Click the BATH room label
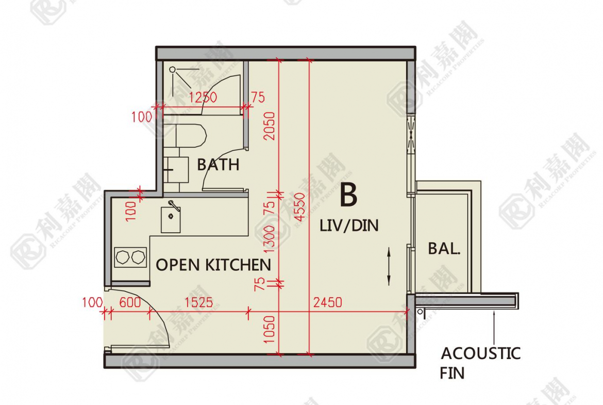(218, 165)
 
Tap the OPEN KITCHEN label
(213, 265)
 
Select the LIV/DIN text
(349, 225)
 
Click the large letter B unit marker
(348, 195)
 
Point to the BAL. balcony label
(444, 249)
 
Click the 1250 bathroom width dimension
(203, 97)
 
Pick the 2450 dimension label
(328, 302)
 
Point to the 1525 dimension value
(198, 302)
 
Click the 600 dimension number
(130, 302)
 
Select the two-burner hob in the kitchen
(131, 257)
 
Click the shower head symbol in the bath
(173, 70)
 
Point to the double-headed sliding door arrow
(389, 266)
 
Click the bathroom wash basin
(176, 169)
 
